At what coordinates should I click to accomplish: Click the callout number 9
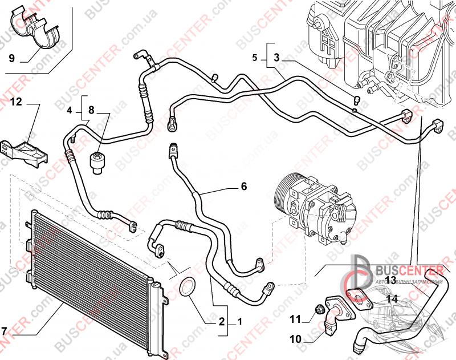[11, 58]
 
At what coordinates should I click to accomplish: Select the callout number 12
[15, 102]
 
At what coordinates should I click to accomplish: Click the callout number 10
[295, 339]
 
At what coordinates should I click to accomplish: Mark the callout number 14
[392, 298]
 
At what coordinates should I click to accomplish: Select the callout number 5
[255, 58]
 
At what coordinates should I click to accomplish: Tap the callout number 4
[70, 110]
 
